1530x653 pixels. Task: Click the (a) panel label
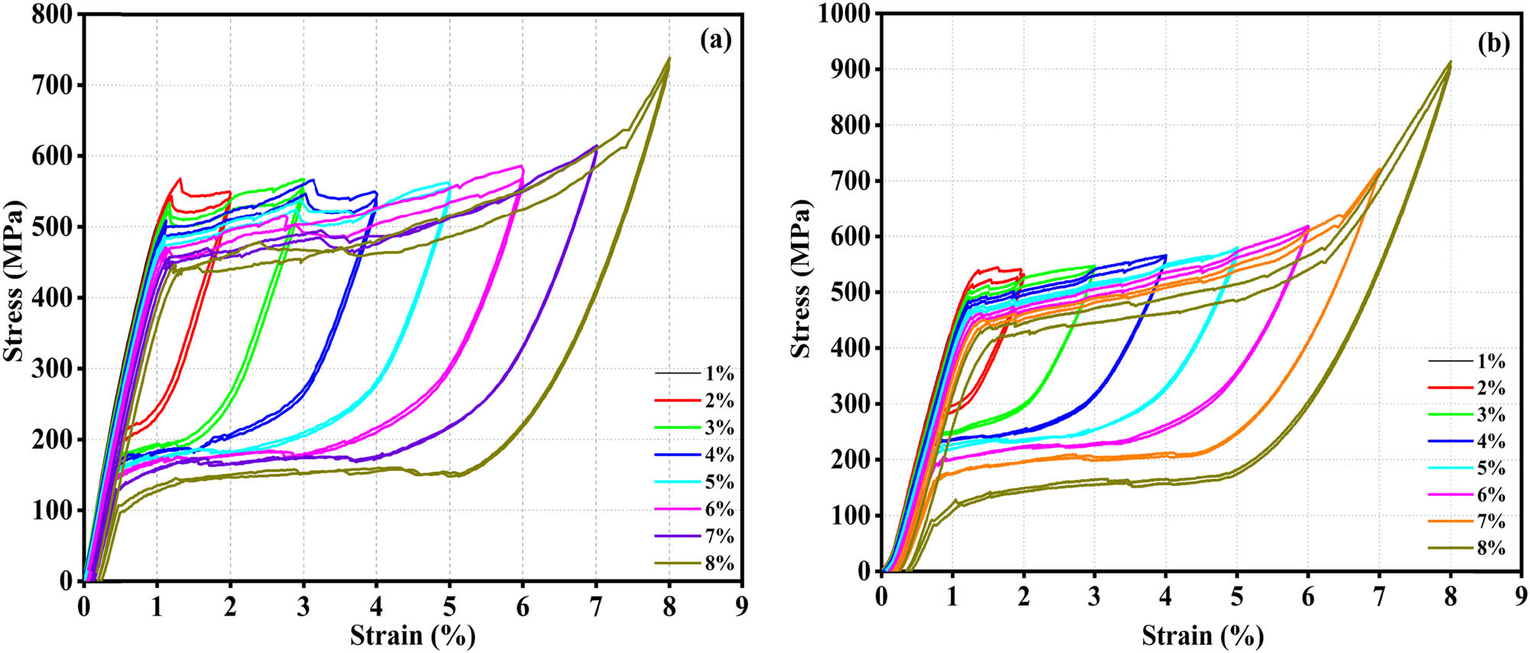(715, 40)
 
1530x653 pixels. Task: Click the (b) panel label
(1493, 44)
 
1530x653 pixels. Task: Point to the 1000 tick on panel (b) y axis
(844, 14)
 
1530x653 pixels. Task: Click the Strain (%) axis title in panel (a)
(412, 635)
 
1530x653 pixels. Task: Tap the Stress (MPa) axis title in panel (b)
(801, 279)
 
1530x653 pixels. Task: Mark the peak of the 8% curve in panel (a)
(669, 57)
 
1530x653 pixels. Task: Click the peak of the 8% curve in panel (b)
(1450, 62)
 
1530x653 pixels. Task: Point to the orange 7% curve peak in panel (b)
(1379, 169)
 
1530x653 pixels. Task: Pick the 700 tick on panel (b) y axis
(849, 181)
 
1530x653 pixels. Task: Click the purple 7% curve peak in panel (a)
(596, 145)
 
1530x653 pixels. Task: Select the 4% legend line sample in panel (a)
(678, 455)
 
